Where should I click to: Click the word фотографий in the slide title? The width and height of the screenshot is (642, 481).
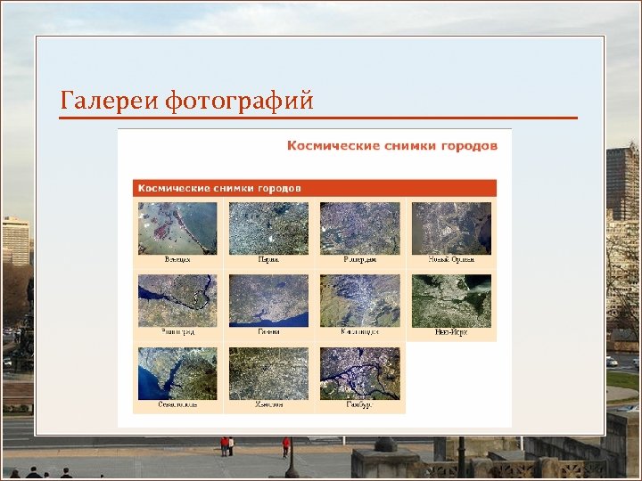point(240,102)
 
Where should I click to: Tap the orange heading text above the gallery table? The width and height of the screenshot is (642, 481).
point(391,145)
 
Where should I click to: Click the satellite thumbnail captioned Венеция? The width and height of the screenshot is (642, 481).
point(177,228)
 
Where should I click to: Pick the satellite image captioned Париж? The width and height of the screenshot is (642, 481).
point(268,228)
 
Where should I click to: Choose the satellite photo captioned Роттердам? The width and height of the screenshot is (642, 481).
point(359,228)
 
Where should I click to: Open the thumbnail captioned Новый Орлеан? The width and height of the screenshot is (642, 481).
point(451,228)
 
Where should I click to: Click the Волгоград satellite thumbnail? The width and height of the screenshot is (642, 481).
point(177,300)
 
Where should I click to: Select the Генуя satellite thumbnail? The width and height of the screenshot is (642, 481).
point(268,300)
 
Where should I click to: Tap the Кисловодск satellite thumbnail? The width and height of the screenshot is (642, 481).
point(359,300)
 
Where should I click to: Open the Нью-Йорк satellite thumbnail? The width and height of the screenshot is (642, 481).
point(451,300)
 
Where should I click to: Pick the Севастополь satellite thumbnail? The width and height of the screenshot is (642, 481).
point(177,372)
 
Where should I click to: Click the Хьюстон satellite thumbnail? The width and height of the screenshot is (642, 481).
point(268,372)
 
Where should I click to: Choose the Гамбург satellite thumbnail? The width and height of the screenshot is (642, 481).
point(359,372)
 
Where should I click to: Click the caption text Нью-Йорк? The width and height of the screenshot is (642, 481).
point(451,332)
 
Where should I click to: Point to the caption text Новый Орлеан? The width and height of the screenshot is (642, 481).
point(451,260)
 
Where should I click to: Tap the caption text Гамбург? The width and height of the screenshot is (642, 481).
point(359,404)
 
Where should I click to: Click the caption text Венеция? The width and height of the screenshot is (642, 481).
point(177,260)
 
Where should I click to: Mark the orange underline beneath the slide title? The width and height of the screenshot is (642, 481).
point(318,118)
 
